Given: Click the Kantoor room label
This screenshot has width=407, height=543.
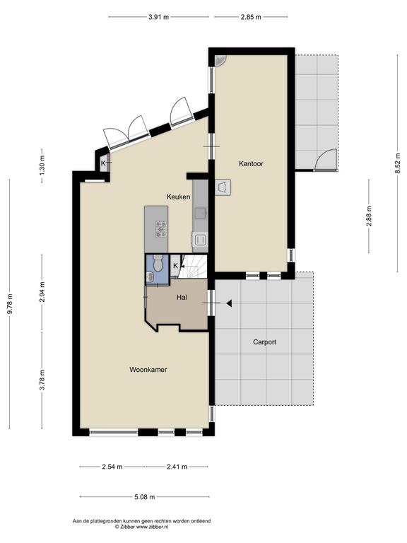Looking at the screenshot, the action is click(251, 163).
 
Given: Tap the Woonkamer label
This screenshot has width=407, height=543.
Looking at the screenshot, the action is click(148, 370).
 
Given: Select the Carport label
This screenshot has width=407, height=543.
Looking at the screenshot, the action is click(264, 342).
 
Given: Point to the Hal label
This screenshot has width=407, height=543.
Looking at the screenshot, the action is click(182, 297).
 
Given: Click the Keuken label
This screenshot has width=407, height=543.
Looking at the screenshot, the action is click(178, 197).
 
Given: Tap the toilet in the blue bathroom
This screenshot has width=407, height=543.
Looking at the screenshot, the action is click(158, 263).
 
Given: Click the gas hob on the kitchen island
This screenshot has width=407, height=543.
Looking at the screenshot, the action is click(160, 229).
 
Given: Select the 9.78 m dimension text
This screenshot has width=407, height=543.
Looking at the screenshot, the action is click(10, 304).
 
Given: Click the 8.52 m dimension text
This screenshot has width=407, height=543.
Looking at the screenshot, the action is click(398, 163).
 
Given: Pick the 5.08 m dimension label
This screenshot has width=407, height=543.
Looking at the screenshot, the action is click(144, 497).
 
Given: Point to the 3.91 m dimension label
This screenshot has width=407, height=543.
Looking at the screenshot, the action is click(158, 17).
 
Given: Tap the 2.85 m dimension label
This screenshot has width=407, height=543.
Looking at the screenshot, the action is click(251, 17).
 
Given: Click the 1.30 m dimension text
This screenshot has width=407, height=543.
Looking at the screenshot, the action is click(42, 163).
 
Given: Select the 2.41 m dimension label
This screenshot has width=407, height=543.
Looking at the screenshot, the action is click(177, 467).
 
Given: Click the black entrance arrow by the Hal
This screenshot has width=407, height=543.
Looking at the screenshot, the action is click(229, 303).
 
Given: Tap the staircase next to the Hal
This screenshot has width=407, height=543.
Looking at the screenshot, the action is click(193, 266).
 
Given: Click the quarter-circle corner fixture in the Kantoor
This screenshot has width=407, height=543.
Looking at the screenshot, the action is click(220, 61).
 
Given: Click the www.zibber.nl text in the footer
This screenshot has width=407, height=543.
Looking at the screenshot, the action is click(152, 527).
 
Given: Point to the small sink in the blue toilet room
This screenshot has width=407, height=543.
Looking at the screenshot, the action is click(151, 277).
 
